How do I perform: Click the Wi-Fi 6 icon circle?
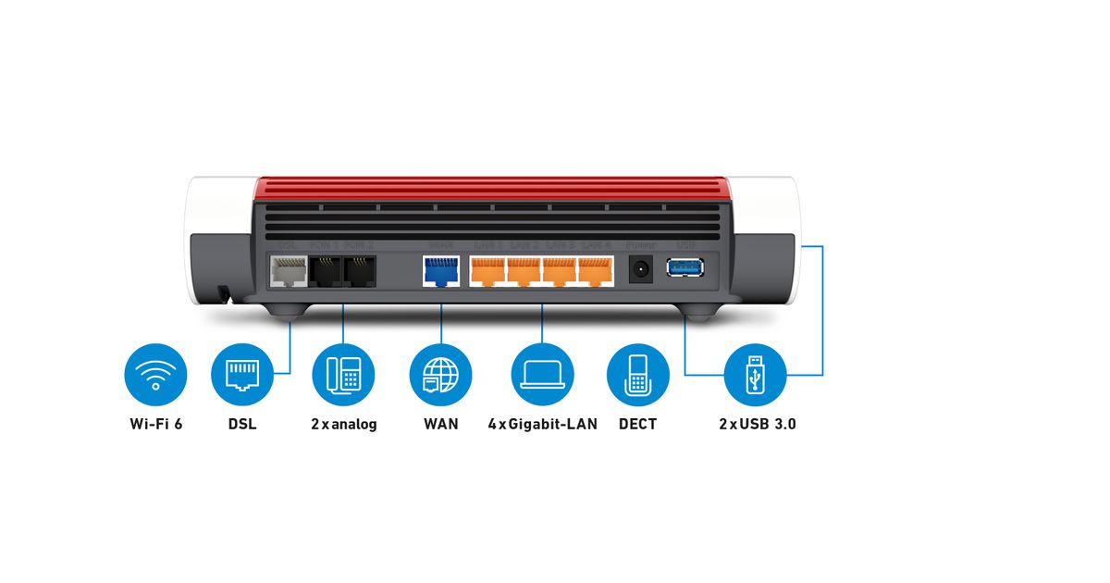click(155, 375)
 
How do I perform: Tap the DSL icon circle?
click(242, 375)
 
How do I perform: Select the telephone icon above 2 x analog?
click(343, 375)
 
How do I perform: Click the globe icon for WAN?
click(441, 375)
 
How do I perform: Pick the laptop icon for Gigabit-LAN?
click(542, 375)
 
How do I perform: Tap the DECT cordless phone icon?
click(637, 375)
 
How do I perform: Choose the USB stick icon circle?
click(756, 375)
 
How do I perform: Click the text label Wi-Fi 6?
click(155, 425)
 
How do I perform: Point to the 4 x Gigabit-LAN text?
click(542, 425)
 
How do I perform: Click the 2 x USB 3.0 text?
click(757, 425)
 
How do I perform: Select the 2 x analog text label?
click(343, 425)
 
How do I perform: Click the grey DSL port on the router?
click(288, 270)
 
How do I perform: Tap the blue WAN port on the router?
click(441, 270)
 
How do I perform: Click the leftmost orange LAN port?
click(487, 270)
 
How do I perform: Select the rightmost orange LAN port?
click(595, 270)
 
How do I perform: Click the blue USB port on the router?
click(685, 268)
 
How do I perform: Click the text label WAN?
click(441, 425)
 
